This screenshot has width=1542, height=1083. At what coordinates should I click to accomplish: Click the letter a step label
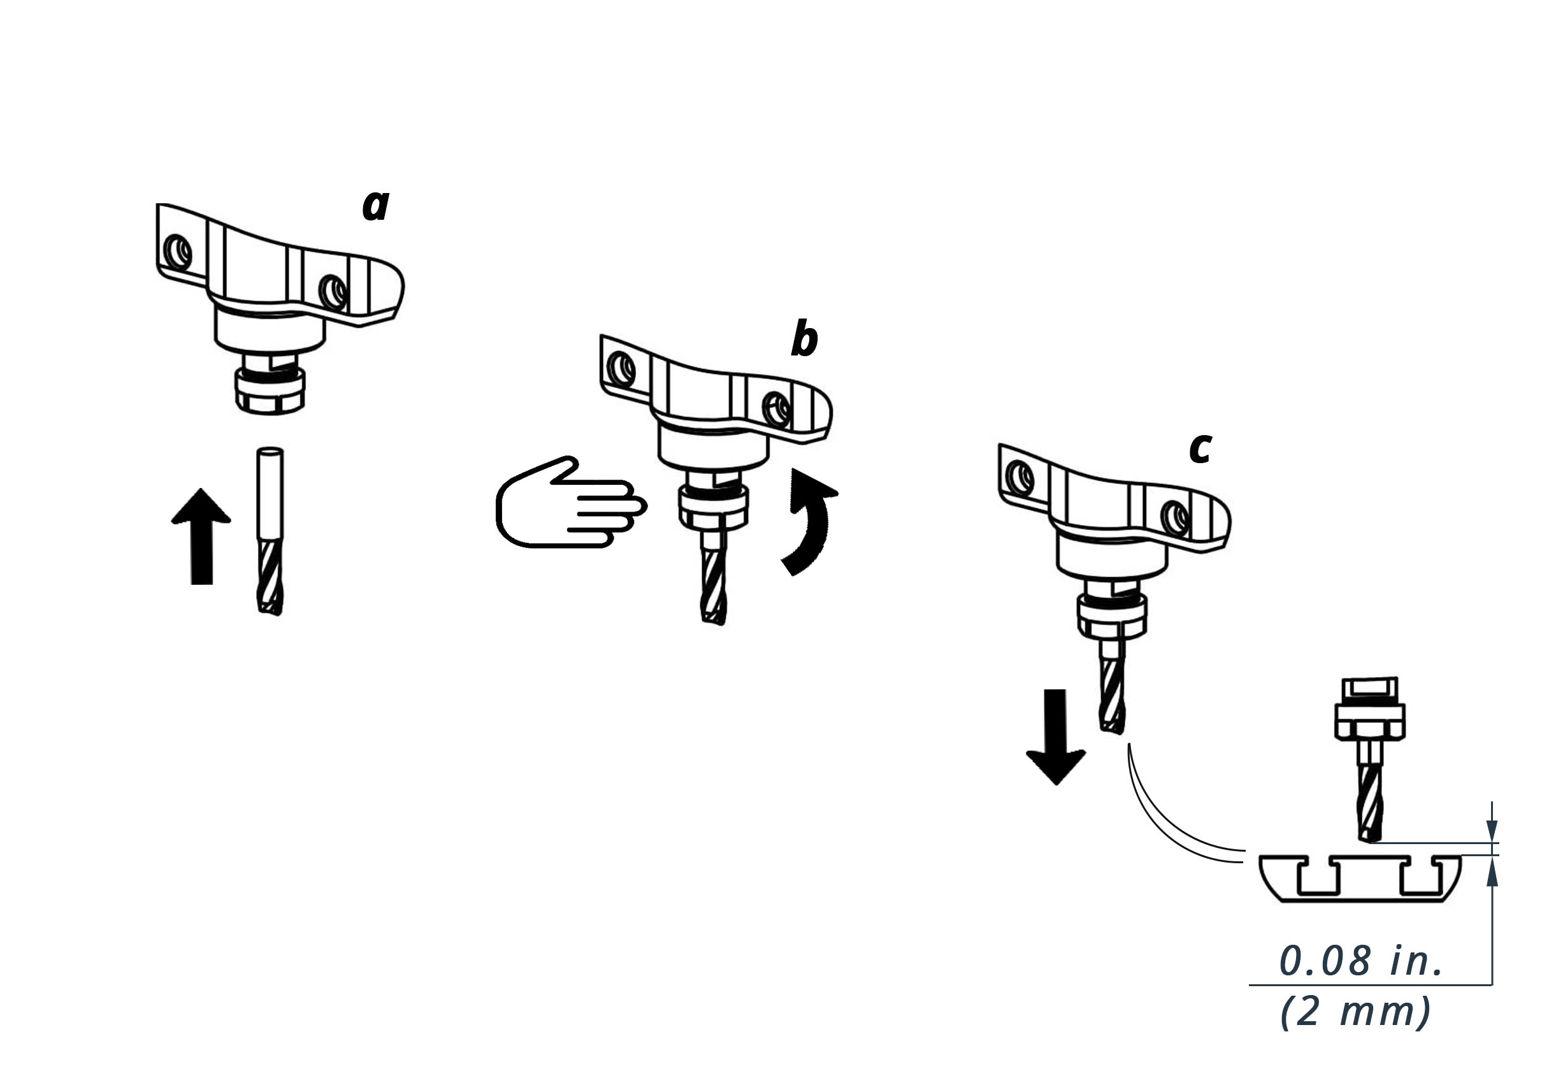point(376,204)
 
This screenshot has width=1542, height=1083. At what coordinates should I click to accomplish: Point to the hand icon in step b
point(571,502)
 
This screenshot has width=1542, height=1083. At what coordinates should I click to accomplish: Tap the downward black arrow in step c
point(1056,736)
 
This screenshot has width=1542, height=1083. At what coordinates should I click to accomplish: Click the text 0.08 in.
point(1360,961)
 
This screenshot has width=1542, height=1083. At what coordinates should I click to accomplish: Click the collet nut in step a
point(270,391)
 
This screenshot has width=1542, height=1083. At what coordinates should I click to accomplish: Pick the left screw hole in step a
point(178,252)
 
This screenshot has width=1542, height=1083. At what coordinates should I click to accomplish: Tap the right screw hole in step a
point(333,292)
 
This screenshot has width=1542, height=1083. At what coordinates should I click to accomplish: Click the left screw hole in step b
point(621,369)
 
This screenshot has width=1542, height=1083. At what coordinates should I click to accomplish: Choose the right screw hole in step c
point(1176,518)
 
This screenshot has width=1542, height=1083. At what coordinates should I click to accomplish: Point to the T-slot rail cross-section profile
point(1359,879)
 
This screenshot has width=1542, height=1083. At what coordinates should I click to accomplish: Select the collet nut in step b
point(713,508)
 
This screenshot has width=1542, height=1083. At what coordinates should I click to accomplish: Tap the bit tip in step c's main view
point(1112,731)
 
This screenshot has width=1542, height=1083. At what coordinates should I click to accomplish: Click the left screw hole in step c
point(1020,478)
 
